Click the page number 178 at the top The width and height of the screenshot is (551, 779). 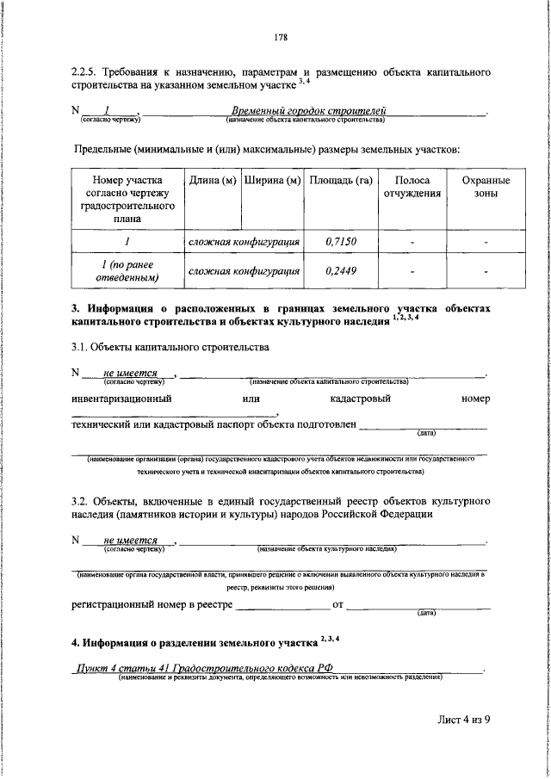click(281, 36)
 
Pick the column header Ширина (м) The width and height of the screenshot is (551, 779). click(272, 181)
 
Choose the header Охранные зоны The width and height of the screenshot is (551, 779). click(486, 188)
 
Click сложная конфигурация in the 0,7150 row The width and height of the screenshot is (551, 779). click(243, 243)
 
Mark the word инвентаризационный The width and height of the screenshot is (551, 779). click(121, 399)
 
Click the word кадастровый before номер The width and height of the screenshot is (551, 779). click(360, 399)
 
